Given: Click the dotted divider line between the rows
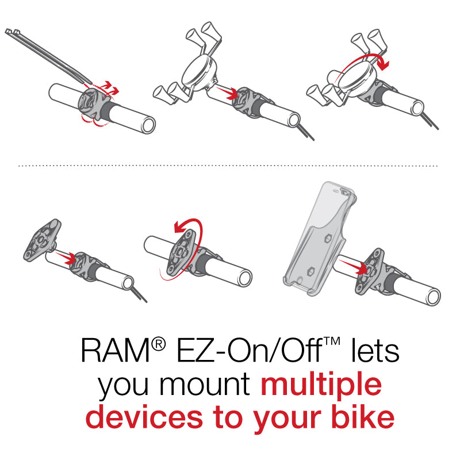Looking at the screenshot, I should (x=230, y=166).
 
